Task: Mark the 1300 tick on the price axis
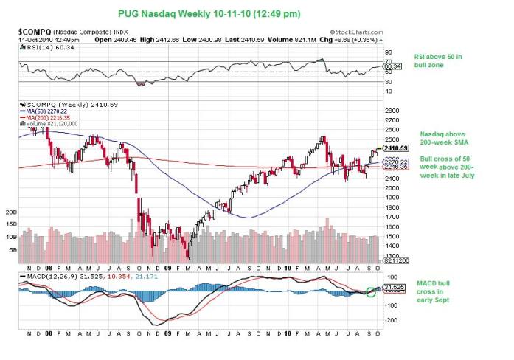(392, 255)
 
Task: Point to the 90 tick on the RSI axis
(389, 53)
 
